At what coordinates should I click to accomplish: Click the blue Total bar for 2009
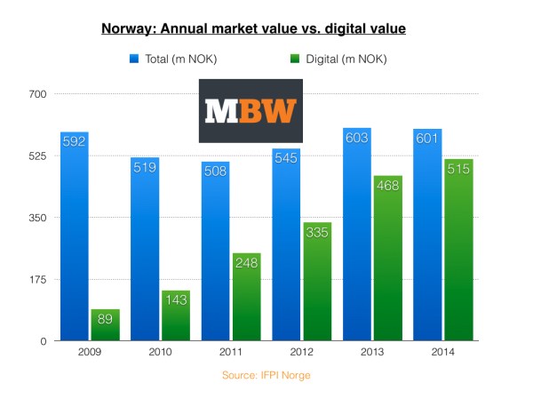(74, 240)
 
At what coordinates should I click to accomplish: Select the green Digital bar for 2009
(105, 325)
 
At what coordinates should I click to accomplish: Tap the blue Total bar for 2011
(215, 253)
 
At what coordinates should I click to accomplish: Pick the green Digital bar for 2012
(317, 284)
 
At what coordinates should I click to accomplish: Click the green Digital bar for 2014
(458, 253)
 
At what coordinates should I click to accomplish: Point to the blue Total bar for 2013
(357, 240)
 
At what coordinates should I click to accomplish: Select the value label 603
(357, 138)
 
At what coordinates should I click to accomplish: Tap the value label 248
(246, 263)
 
